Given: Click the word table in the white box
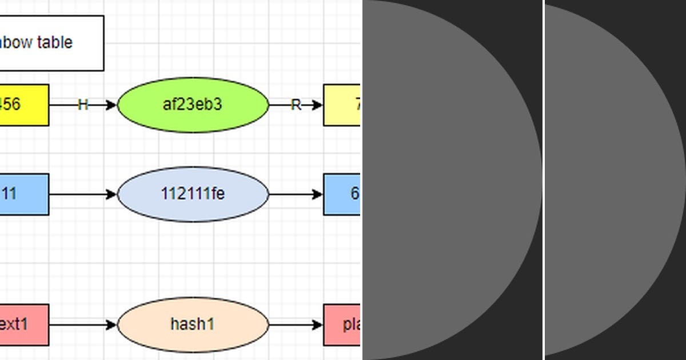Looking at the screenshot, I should pyautogui.click(x=55, y=42).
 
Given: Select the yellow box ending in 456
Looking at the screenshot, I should pyautogui.click(x=23, y=105).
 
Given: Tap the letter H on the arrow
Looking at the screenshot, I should pyautogui.click(x=83, y=105).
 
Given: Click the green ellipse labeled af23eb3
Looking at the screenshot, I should pyautogui.click(x=193, y=105).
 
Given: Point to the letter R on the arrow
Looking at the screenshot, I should pyautogui.click(x=296, y=105).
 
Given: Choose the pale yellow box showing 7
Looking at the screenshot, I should pyautogui.click(x=342, y=105).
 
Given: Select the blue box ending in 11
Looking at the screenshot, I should pyautogui.click(x=23, y=194).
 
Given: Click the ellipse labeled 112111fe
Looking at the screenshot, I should pyautogui.click(x=193, y=194).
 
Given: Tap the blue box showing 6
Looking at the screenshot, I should pyautogui.click(x=342, y=194).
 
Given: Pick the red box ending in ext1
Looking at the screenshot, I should pyautogui.click(x=23, y=325).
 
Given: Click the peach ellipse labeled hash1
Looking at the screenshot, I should pyautogui.click(x=193, y=325).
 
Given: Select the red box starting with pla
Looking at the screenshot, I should pyautogui.click(x=342, y=325).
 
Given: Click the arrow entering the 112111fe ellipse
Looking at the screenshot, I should pyautogui.click(x=83, y=194).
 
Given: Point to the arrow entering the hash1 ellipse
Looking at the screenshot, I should pyautogui.click(x=83, y=325).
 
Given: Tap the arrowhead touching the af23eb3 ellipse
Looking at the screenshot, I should pyautogui.click(x=111, y=105).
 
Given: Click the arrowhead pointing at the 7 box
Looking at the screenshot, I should pyautogui.click(x=318, y=105).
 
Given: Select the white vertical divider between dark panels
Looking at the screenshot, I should pyautogui.click(x=543, y=180).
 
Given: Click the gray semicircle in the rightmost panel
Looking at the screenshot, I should pyautogui.click(x=606, y=180).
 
